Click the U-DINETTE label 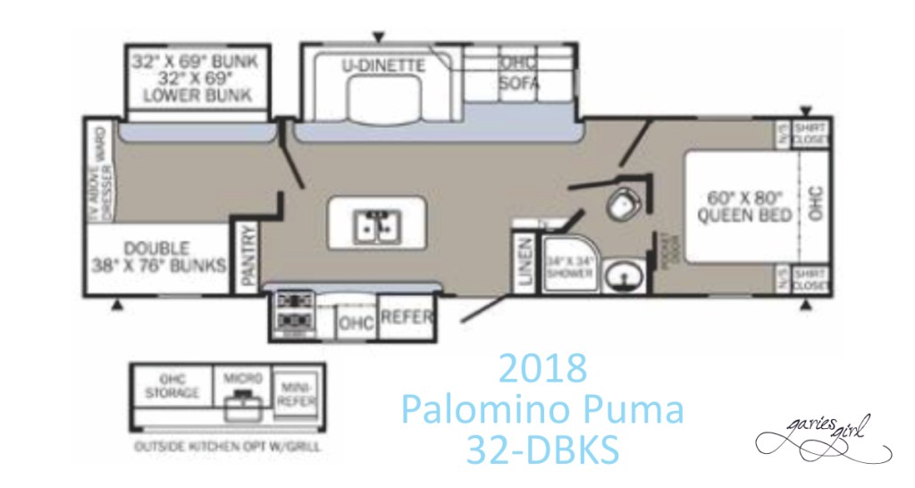[x=382, y=65]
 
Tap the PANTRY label [x=249, y=256]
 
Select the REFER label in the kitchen [x=407, y=318]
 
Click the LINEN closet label [x=525, y=263]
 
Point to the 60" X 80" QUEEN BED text [x=743, y=206]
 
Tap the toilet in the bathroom [x=618, y=205]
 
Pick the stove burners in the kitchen [x=290, y=311]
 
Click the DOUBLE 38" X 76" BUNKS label [x=156, y=255]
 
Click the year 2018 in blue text [x=542, y=368]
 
